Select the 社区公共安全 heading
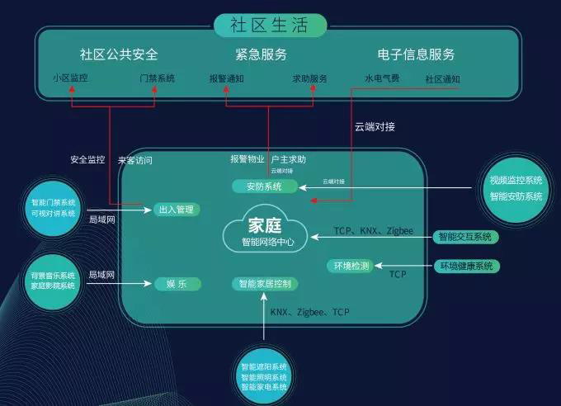point(119,55)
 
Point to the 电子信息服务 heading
point(416,55)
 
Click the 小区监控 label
point(69,78)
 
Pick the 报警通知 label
point(226,78)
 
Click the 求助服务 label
point(309,78)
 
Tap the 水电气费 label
point(382,78)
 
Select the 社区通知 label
point(442,78)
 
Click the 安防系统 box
point(263,186)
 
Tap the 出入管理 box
point(176,210)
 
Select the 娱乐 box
point(176,284)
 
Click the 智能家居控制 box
point(265,284)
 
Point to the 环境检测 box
point(351,266)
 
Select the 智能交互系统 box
point(466,237)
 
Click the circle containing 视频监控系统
point(516,188)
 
